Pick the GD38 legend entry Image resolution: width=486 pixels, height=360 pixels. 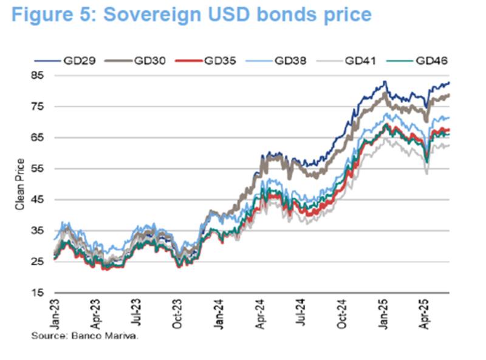290,61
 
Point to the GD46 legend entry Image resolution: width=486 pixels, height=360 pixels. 431,61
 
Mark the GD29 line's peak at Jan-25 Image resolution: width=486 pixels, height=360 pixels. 385,81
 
